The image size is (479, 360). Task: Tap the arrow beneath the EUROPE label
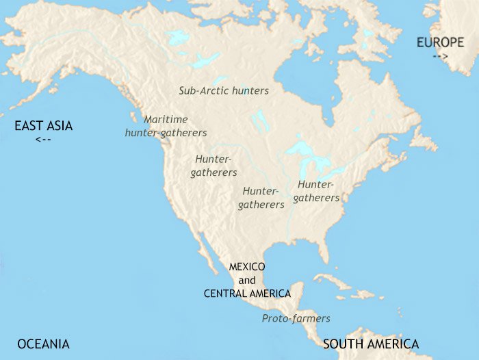[440, 56]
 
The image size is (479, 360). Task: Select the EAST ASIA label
[44, 125]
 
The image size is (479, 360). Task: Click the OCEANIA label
[43, 344]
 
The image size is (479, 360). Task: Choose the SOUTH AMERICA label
[370, 344]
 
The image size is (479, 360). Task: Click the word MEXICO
[247, 266]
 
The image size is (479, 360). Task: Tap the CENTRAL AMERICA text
[247, 293]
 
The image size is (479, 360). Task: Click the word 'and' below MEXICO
[247, 280]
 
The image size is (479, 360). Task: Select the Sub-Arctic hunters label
[224, 90]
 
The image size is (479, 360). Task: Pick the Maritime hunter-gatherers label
[166, 125]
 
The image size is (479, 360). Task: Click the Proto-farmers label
[296, 318]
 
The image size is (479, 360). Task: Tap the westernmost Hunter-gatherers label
[213, 166]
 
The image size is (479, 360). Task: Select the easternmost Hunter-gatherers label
[316, 191]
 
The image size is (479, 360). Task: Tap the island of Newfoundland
[424, 140]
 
